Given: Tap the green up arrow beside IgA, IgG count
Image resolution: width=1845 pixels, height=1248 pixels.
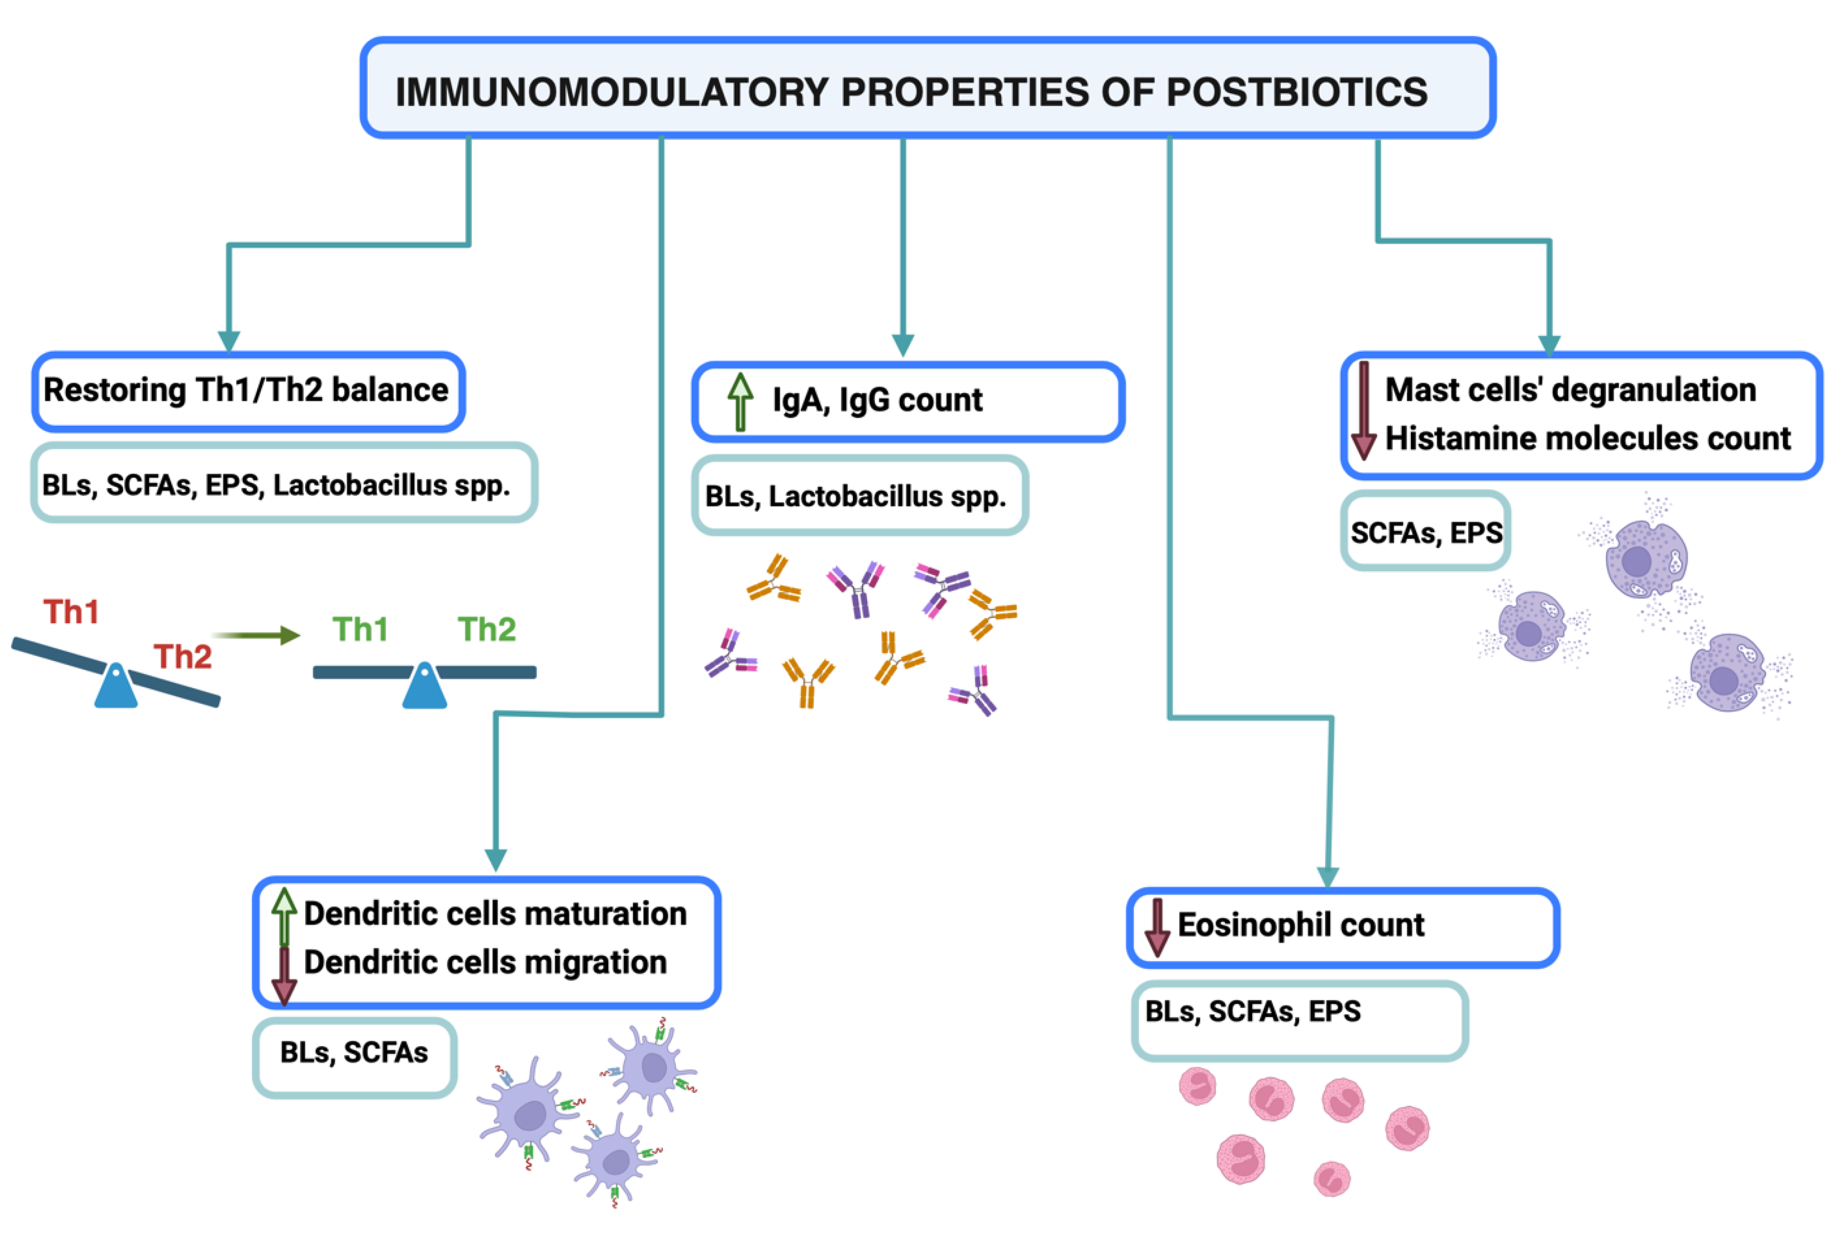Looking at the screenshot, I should tap(740, 401).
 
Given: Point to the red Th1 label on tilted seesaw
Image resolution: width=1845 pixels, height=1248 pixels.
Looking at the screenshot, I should tap(72, 612).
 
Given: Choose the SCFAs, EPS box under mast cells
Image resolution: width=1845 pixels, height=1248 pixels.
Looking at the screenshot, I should tap(1426, 532).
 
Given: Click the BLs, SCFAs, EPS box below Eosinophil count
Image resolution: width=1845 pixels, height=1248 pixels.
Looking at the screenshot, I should tap(1299, 1019).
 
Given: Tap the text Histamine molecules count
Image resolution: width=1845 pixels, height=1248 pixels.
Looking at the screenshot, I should tap(1588, 439).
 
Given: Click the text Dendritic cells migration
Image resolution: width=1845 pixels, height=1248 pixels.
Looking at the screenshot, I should tap(485, 963).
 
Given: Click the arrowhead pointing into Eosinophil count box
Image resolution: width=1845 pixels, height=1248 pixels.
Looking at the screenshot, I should tap(1327, 876).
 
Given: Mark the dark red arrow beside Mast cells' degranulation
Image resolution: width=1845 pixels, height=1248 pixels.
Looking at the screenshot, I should tap(1363, 411).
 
